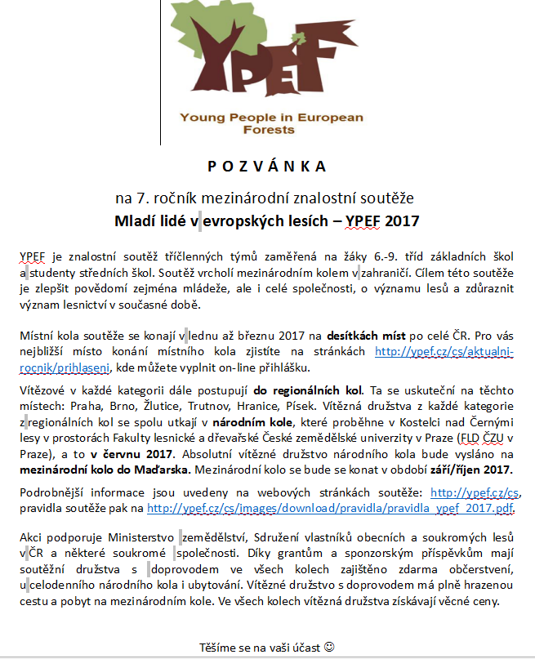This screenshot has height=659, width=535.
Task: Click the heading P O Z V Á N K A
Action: pos(267,167)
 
